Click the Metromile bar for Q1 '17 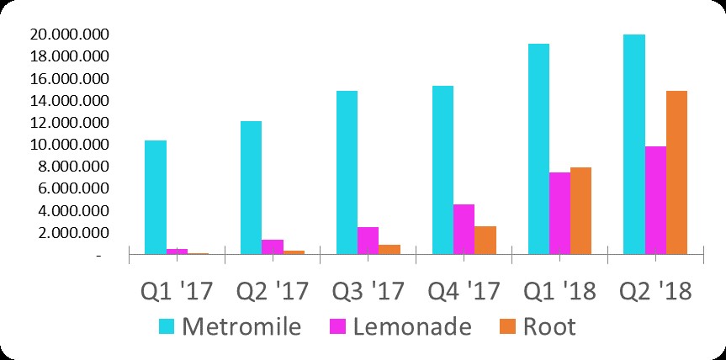click(156, 197)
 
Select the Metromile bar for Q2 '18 click(633, 144)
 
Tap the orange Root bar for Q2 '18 click(676, 172)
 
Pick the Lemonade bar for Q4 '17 click(464, 228)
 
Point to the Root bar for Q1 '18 click(580, 210)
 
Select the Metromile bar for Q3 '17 click(347, 172)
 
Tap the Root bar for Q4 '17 click(485, 240)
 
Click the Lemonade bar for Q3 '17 click(368, 240)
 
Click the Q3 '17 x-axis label click(368, 291)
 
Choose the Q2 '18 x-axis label click(654, 291)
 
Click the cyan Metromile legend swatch click(167, 326)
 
